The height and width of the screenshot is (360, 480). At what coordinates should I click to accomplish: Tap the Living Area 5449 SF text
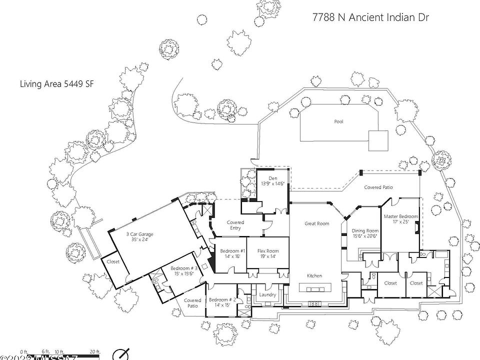click(x=56, y=84)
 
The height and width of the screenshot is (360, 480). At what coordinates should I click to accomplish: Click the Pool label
click(x=339, y=121)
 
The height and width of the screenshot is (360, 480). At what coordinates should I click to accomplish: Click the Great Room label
click(x=317, y=223)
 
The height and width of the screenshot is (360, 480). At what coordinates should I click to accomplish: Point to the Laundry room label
click(x=268, y=294)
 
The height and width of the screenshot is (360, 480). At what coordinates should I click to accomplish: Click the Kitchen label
click(x=314, y=275)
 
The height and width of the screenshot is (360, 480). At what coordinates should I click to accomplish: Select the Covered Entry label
click(x=235, y=225)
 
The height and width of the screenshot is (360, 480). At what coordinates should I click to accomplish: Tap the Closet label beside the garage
click(x=113, y=261)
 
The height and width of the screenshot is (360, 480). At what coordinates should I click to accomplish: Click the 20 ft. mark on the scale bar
click(x=95, y=352)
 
